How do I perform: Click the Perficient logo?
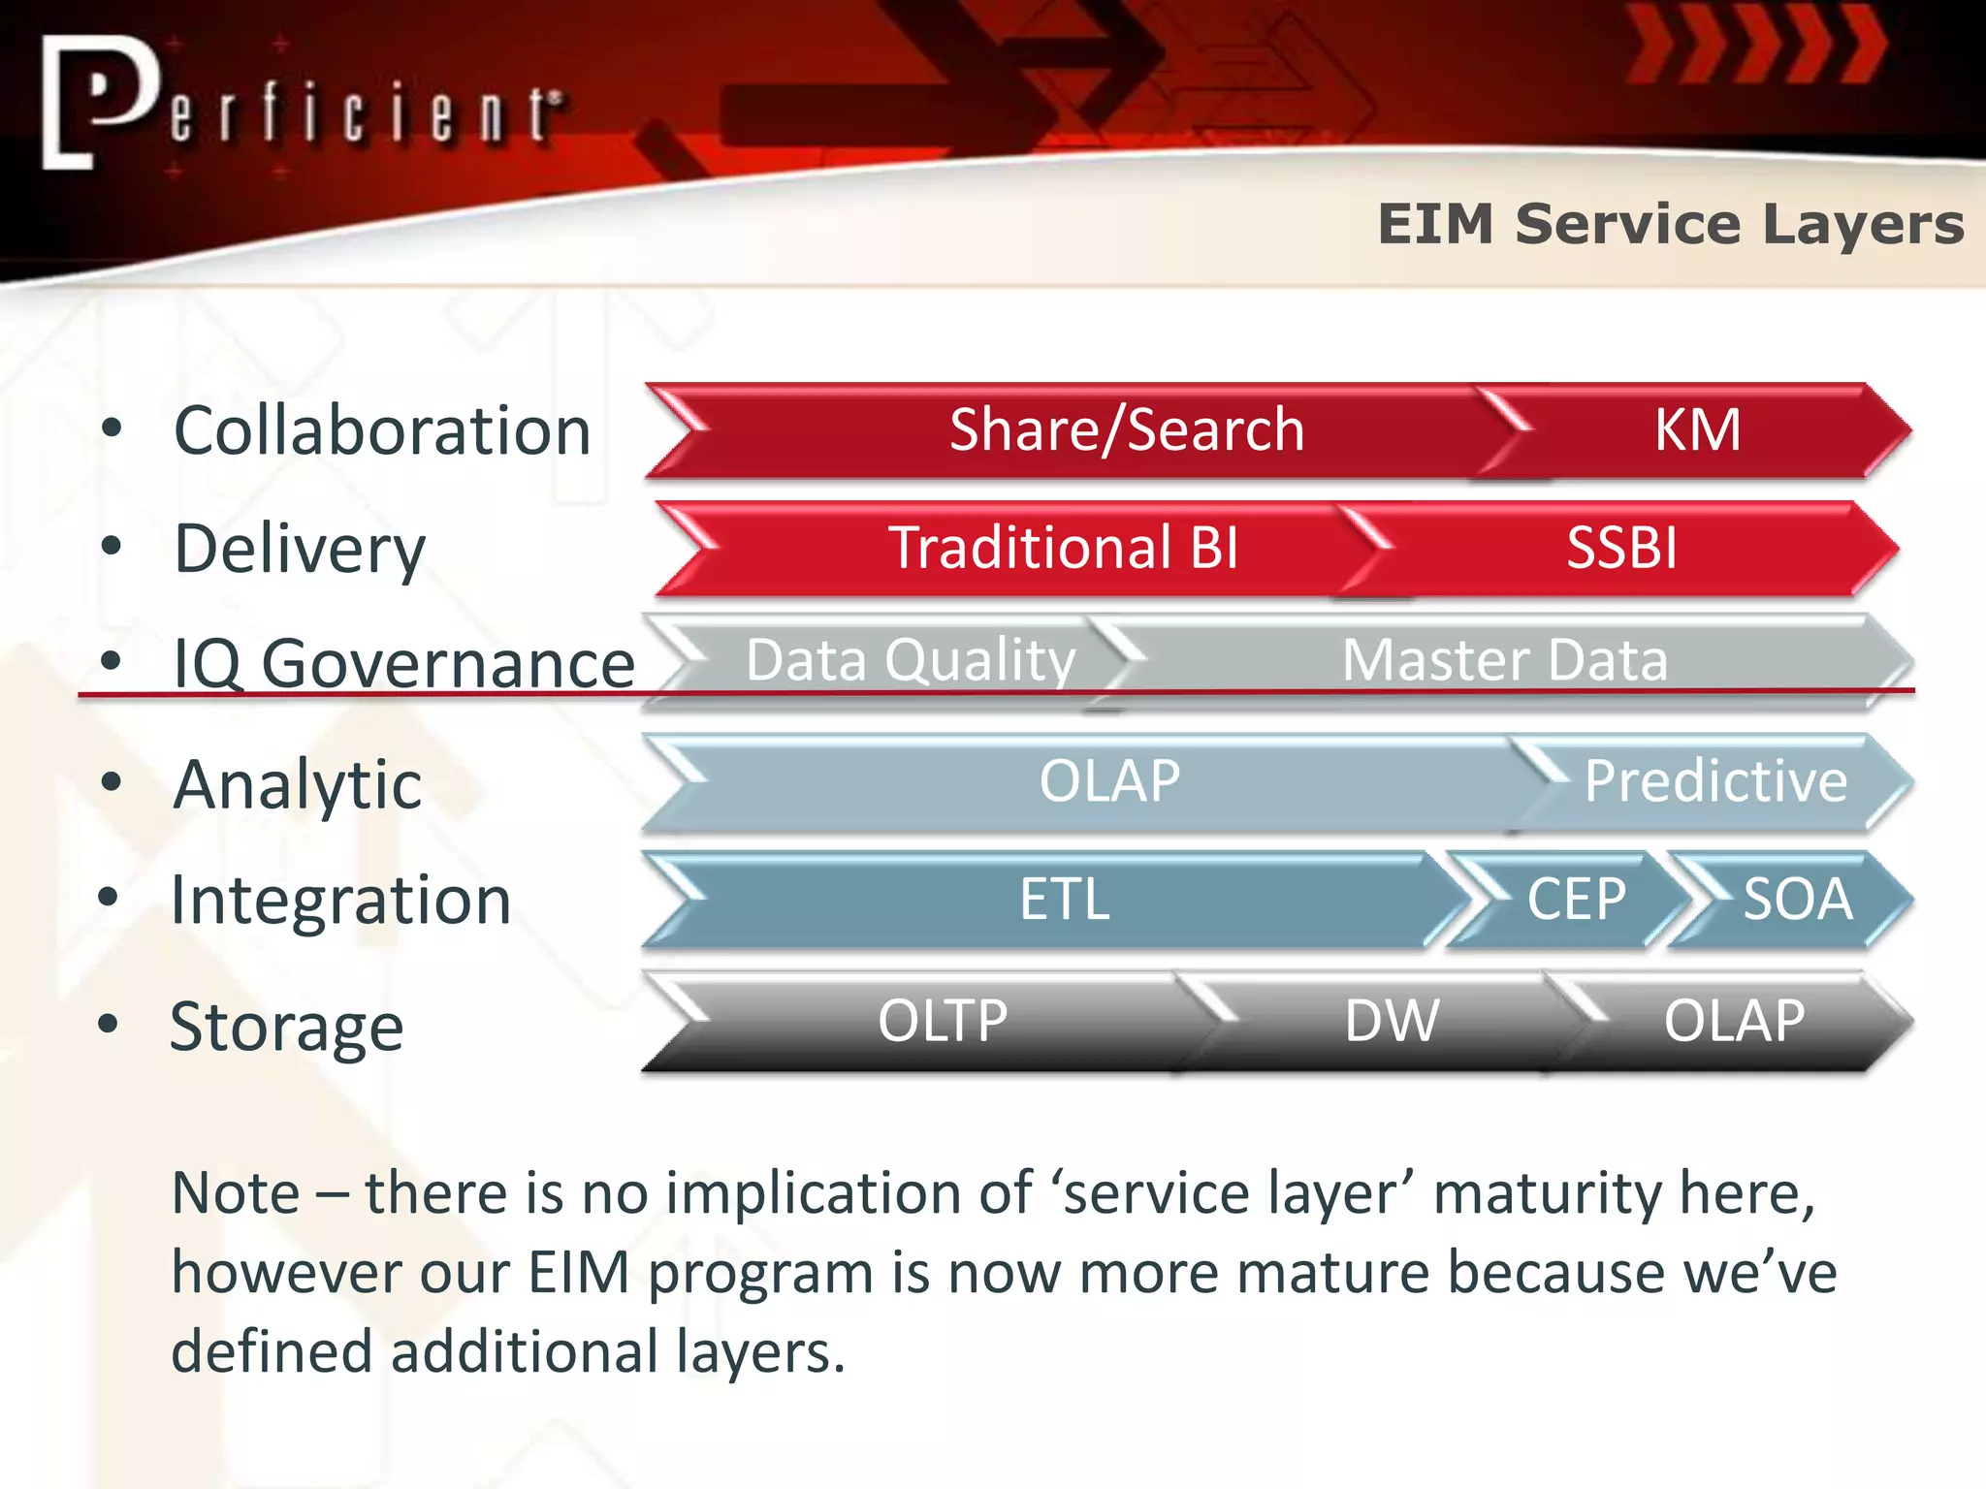point(301,105)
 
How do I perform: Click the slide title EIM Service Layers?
point(1670,225)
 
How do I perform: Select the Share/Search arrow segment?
point(1126,429)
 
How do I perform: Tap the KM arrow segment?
point(1697,429)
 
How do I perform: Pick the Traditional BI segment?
point(1064,548)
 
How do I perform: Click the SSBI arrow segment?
point(1621,548)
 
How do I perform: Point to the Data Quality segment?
point(910,660)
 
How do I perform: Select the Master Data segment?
point(1504,660)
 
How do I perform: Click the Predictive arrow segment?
point(1714,781)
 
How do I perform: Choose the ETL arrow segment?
point(1064,899)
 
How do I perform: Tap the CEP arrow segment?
point(1575,899)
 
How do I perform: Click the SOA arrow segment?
point(1797,899)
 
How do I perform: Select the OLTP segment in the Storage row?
point(942,1021)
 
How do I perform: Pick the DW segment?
point(1391,1021)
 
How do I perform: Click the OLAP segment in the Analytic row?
point(1109,781)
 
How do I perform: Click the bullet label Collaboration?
point(382,430)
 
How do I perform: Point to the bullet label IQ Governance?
point(403,664)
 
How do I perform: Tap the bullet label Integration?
point(340,901)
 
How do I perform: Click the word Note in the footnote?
point(236,1192)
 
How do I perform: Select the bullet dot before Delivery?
point(112,546)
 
